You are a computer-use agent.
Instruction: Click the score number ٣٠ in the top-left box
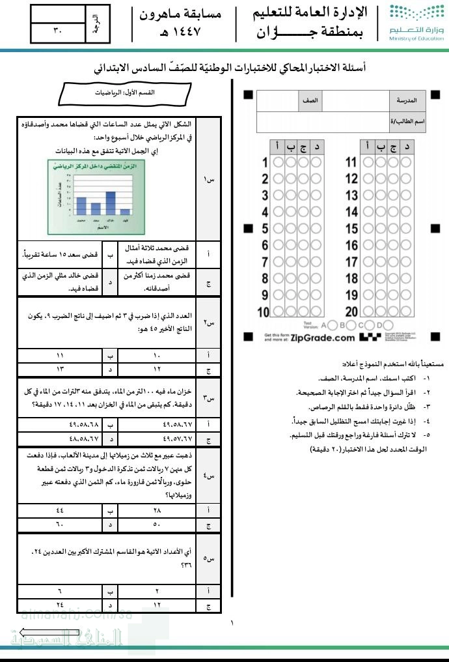[x=57, y=30]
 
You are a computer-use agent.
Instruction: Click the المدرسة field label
[x=407, y=102]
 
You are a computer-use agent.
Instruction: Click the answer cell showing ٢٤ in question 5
[x=61, y=605]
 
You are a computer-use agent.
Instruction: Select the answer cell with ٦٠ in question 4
[x=61, y=525]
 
